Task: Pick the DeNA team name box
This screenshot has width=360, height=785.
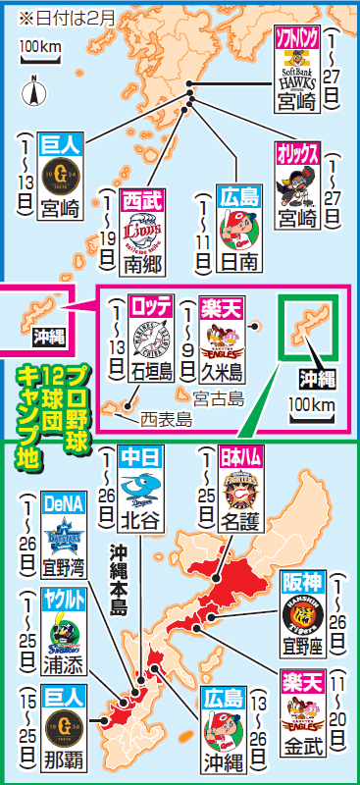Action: tap(64, 503)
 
